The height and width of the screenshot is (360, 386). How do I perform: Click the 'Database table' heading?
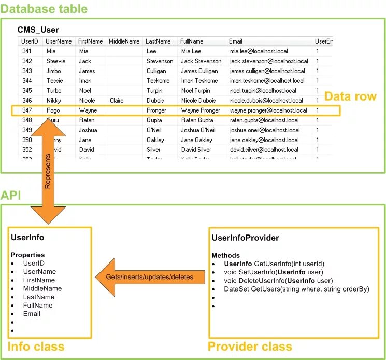pos(44,9)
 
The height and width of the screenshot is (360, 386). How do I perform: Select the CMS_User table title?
pos(38,30)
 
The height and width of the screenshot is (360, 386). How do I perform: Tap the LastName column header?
pos(158,41)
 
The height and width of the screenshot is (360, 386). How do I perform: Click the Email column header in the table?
pos(236,41)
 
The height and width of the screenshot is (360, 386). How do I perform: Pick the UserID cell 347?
pos(27,110)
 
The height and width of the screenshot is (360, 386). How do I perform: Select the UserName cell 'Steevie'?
pos(56,61)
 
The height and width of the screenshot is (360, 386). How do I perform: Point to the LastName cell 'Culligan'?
pos(156,71)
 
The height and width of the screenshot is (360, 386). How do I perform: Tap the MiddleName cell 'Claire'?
pos(117,101)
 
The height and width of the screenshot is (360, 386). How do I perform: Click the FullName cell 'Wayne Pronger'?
pos(201,110)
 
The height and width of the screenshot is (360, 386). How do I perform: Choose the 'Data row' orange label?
pos(350,96)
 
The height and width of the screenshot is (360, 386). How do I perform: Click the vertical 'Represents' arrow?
pos(47,171)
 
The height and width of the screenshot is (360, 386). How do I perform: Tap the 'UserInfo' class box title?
pos(27,238)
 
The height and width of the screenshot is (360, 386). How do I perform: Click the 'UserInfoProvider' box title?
pos(245,238)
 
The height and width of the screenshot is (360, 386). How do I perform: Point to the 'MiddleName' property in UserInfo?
pos(42,288)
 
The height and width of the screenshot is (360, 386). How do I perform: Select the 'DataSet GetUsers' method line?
pos(296,289)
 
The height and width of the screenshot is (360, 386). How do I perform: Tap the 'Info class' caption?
pos(36,347)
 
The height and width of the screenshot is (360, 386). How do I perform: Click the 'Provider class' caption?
pos(250,347)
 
